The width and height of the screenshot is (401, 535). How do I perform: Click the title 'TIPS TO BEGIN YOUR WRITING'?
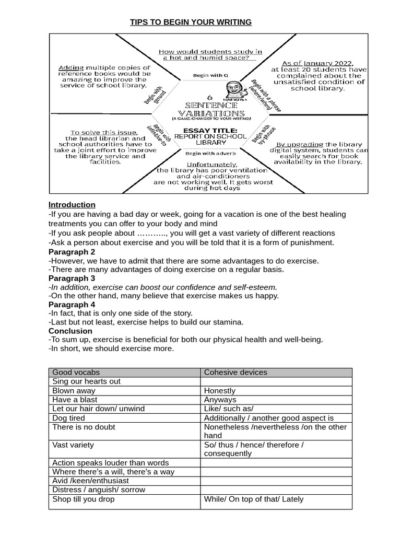point(191,22)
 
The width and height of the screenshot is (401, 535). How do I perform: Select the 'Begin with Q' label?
point(210,75)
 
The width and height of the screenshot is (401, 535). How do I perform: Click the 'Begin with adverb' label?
point(210,153)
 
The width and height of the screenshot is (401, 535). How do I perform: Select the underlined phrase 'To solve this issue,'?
point(104,133)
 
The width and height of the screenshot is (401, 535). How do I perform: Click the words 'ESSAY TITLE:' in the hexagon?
point(211,130)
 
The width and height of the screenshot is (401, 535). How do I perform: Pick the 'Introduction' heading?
point(72,205)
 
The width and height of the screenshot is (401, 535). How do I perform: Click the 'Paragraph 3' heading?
point(72,278)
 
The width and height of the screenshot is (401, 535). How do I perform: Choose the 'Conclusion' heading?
point(70,331)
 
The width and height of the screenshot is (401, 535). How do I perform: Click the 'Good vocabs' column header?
point(76,373)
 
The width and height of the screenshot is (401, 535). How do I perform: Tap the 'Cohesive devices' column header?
point(235,373)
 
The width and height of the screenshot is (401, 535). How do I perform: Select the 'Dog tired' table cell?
point(68,418)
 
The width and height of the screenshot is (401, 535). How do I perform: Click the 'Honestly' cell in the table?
point(220,391)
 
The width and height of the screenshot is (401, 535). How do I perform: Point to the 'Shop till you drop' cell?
point(84,499)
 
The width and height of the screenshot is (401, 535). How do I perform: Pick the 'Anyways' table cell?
point(220,400)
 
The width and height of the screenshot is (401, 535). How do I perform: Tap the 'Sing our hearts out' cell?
point(86,381)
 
